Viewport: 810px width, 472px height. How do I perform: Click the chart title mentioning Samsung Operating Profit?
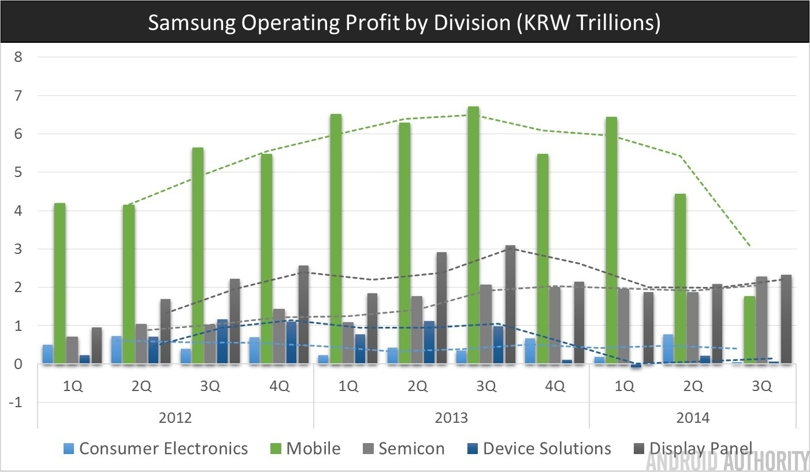tap(404, 23)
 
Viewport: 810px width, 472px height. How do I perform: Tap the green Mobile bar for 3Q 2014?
tap(749, 330)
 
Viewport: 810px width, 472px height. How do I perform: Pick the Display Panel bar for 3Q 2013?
tap(510, 304)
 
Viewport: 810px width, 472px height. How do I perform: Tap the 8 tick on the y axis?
tap(18, 57)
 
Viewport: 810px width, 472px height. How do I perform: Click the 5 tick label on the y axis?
tap(18, 172)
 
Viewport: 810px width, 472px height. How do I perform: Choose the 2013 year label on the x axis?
tap(451, 418)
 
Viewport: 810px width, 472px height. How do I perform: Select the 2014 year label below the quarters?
tap(692, 418)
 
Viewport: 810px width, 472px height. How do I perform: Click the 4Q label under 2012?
tap(280, 387)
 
